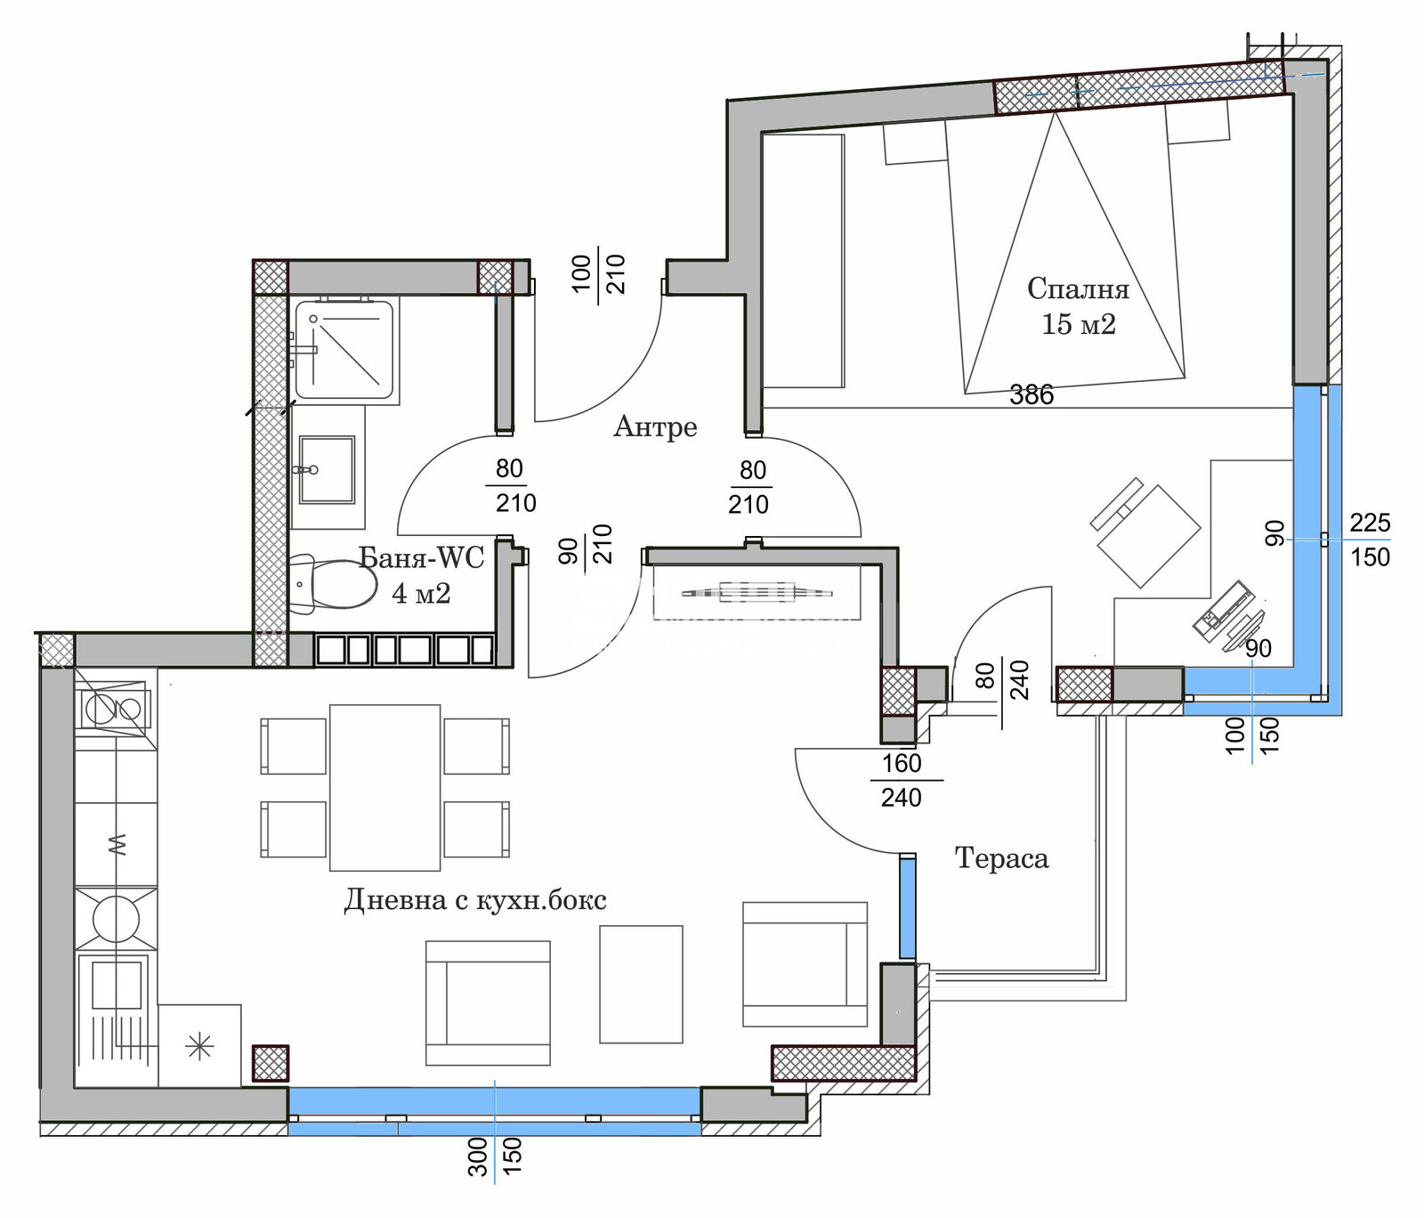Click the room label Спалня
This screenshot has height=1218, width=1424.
[x=1078, y=288]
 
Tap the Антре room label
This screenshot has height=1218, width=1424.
[x=655, y=427]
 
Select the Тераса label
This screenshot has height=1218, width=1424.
[x=1001, y=858]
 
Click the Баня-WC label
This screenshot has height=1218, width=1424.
[x=421, y=558]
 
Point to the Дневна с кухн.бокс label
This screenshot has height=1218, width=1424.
[x=475, y=900]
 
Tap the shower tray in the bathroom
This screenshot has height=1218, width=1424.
[x=344, y=350]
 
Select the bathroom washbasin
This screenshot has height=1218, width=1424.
[x=327, y=469]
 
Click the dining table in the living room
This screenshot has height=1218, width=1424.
[x=384, y=787]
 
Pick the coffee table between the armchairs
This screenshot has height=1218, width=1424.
[x=641, y=984]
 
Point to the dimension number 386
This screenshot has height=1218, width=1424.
[x=1032, y=394]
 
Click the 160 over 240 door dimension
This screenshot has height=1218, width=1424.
[x=902, y=780]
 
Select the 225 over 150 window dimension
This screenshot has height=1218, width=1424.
[x=1370, y=540]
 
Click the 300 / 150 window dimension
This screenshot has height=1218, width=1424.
[x=495, y=1157]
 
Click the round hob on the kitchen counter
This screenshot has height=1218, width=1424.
[x=116, y=919]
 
